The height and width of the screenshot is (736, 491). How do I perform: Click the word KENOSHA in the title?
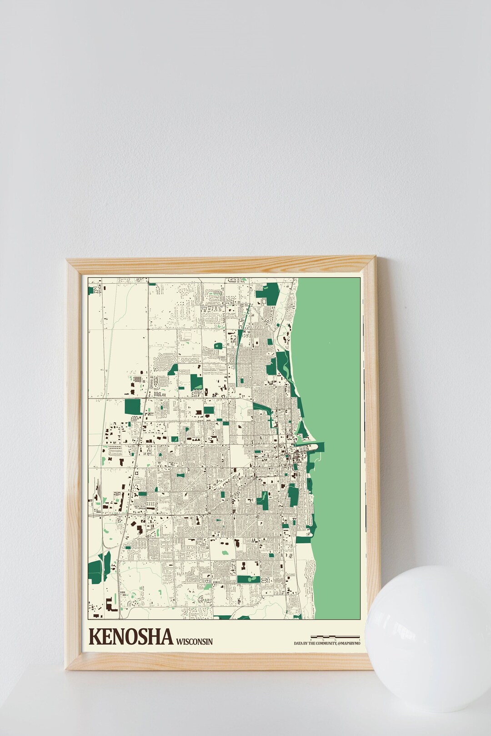tap(131, 637)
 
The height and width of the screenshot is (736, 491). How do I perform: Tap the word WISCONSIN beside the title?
tap(194, 642)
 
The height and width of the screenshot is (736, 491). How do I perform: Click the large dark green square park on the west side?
tap(133, 407)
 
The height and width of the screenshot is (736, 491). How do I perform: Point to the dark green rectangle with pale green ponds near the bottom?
tap(248, 579)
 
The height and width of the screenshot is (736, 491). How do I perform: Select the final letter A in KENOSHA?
tap(165, 637)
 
